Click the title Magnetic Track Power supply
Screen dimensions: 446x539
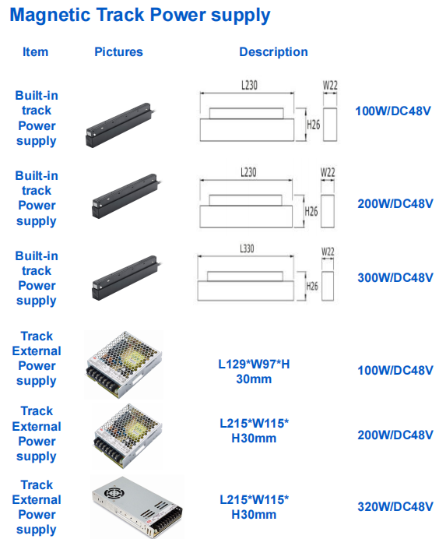140,16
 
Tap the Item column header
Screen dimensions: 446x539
35,52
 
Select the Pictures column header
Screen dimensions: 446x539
118,52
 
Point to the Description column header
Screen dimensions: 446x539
273,52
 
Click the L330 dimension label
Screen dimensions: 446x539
247,248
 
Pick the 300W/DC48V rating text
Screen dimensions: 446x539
395,277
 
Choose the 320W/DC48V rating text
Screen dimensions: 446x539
395,506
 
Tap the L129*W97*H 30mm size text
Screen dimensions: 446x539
254,372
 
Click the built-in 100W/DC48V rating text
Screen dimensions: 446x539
393,111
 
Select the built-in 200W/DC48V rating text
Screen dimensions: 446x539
395,203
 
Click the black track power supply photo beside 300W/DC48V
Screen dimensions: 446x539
126,277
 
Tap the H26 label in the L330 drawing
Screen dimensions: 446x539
312,286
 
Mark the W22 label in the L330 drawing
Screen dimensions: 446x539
328,252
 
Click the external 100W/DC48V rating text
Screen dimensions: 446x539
395,370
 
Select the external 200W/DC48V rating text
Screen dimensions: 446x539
395,435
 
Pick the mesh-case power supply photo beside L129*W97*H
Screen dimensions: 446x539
124,365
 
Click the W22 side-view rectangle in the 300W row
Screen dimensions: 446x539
328,286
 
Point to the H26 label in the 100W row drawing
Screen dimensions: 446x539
314,125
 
